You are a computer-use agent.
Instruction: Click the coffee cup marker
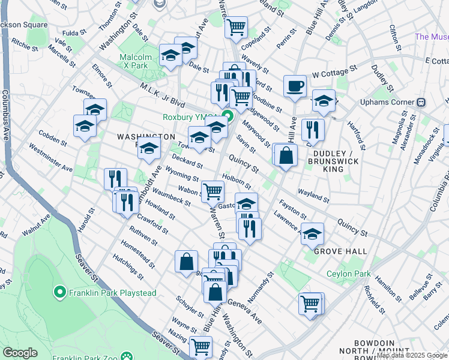[294, 86]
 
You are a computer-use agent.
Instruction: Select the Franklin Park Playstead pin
[59, 292]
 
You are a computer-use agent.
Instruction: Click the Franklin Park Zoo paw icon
[127, 356]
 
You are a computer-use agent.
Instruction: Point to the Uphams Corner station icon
[421, 102]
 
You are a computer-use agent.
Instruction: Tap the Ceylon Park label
[349, 274]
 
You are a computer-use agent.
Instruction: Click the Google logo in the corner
[20, 353]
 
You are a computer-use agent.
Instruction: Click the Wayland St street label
[313, 195]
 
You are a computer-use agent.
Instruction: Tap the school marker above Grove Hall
[312, 233]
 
